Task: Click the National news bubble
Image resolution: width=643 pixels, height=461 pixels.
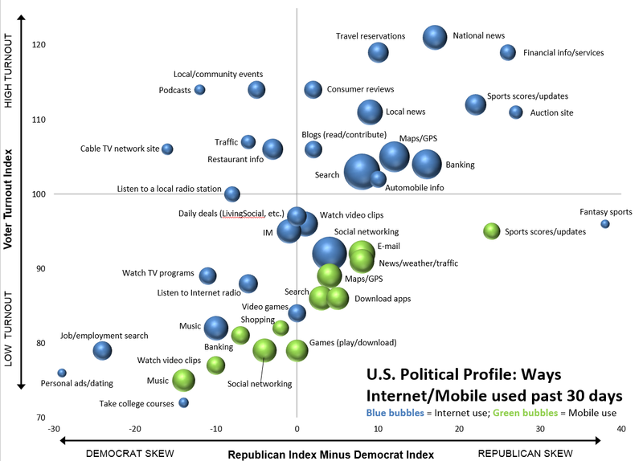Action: pos(435,38)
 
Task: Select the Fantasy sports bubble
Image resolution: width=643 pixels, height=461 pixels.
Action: pos(605,224)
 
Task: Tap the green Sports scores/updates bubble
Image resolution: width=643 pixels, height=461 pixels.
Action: pos(492,231)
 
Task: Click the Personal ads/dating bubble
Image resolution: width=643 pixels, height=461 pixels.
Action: pos(62,373)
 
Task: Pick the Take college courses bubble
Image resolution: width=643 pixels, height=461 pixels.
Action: pos(184,402)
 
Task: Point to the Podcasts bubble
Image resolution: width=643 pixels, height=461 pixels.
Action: pos(200,90)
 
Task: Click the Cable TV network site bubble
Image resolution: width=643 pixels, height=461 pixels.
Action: pos(167,149)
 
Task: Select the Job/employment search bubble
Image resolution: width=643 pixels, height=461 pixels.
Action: pos(102,350)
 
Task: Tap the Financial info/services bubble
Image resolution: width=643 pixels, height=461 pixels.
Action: pos(507,52)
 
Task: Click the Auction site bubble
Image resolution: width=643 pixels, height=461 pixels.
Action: pos(516,112)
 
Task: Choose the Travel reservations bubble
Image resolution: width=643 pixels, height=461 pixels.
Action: pos(379,52)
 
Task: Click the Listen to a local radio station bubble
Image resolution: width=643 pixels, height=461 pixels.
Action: pos(232,194)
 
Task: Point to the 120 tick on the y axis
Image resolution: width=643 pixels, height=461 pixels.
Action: pos(39,45)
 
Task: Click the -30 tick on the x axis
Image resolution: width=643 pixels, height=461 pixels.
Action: pos(55,428)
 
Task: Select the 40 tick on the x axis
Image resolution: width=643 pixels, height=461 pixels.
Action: pos(620,428)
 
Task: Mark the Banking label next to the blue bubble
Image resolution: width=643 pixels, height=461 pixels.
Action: pos(460,165)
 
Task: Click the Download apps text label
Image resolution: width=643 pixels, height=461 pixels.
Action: pos(383,299)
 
